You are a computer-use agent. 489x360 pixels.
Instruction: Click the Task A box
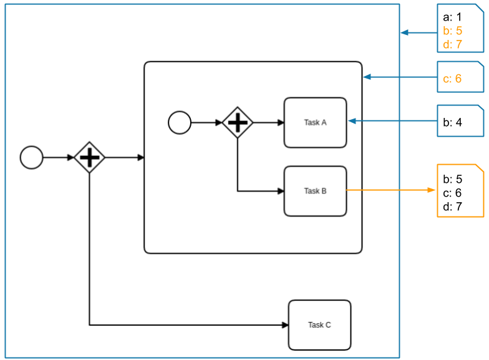(315, 122)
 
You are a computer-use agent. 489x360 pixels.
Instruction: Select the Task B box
(315, 191)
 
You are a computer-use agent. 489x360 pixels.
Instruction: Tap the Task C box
(319, 324)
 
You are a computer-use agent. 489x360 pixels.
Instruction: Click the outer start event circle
(32, 157)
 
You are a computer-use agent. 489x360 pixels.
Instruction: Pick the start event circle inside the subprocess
(180, 122)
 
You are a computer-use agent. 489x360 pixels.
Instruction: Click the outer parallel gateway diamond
(90, 157)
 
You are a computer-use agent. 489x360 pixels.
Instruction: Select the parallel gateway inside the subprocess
(238, 122)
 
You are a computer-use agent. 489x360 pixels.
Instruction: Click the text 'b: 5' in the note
(452, 31)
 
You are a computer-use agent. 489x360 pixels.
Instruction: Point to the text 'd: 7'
(452, 44)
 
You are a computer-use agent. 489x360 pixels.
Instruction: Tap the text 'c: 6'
(452, 79)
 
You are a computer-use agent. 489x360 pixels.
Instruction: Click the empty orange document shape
(460, 190)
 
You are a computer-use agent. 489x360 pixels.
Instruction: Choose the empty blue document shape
(460, 120)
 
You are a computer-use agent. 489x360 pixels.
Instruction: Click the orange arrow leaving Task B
(390, 190)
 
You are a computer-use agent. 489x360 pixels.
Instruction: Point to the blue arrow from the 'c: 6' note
(399, 77)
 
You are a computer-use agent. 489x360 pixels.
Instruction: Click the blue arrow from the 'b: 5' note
(418, 32)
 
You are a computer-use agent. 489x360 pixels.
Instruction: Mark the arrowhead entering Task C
(285, 324)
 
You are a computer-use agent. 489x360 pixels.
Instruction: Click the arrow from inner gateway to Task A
(268, 122)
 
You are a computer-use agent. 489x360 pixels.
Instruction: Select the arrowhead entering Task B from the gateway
(281, 191)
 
